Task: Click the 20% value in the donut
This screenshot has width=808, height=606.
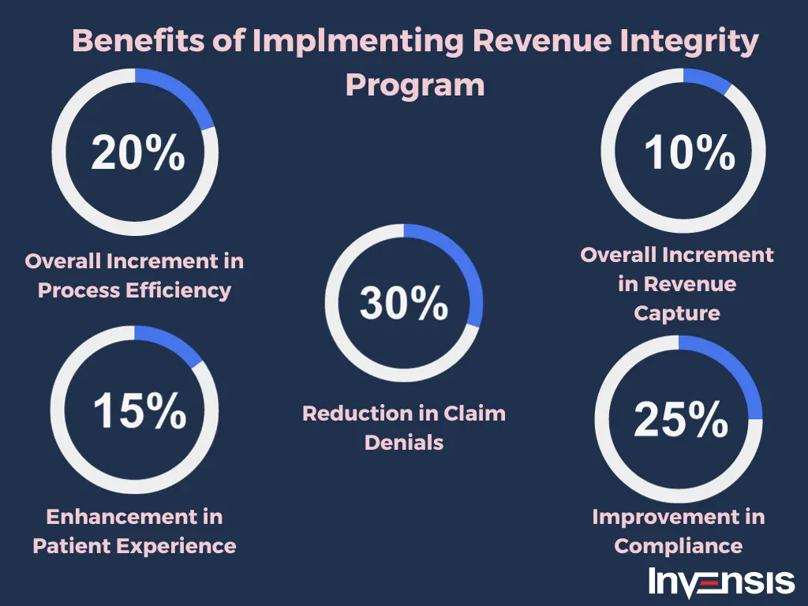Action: [137, 153]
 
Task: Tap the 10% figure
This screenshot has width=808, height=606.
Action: [690, 152]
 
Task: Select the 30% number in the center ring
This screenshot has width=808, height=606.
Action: [404, 302]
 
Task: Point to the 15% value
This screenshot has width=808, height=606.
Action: [139, 410]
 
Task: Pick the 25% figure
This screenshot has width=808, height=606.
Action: [680, 419]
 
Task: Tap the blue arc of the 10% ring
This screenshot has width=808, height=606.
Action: [708, 81]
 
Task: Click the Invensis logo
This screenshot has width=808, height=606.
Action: [721, 582]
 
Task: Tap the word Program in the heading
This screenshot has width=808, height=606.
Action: [415, 84]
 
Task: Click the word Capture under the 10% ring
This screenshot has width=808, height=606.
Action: [677, 313]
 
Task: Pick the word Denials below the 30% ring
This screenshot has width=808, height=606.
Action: [404, 443]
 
